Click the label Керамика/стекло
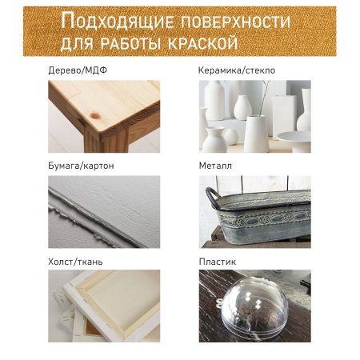pyautogui.click(x=237, y=70)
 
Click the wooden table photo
pyautogui.click(x=104, y=115)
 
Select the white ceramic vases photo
pyautogui.click(x=254, y=115)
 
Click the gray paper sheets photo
pyautogui.click(x=104, y=211)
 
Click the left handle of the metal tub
pyautogui.click(x=211, y=195)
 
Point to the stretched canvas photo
pyautogui.click(x=104, y=307)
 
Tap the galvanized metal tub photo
pyautogui.click(x=254, y=211)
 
